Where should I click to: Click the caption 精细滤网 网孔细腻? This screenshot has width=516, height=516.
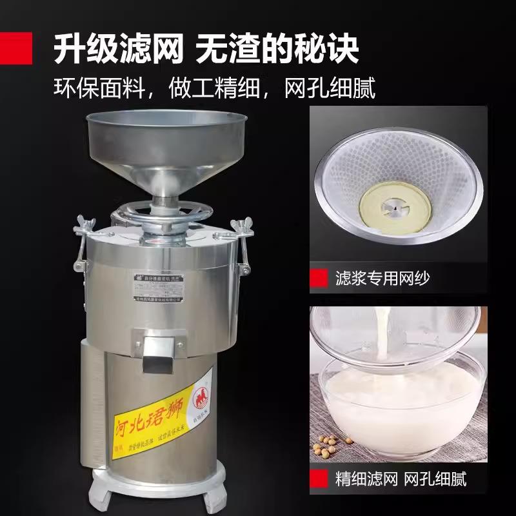pos(400,479)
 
